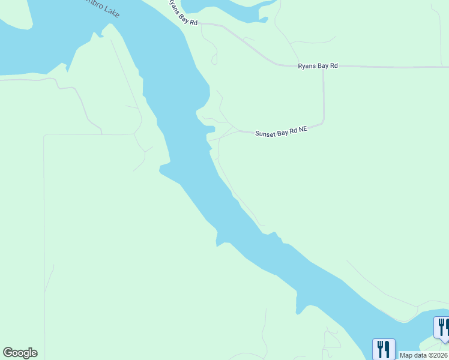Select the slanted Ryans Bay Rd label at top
(x=181, y=12)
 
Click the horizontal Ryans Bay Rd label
(x=318, y=66)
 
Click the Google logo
(x=20, y=353)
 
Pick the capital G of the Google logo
(x=7, y=353)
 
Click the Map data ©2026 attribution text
(x=423, y=355)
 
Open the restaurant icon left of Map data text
(x=383, y=349)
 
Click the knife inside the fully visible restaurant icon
(x=387, y=348)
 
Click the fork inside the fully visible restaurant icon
(x=380, y=348)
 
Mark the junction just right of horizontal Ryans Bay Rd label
(x=324, y=67)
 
